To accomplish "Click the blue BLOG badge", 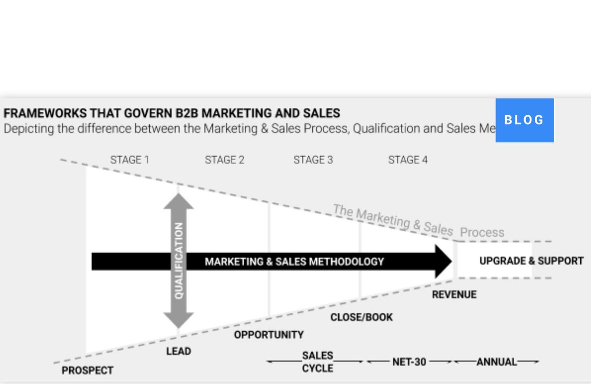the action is pos(525,120).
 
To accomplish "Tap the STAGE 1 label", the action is pos(130,160).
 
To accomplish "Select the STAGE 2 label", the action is pos(225,160).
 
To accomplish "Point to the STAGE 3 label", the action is pos(313,160).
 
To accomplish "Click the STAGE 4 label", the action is pos(408,160).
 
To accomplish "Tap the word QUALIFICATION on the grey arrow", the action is pos(179,260).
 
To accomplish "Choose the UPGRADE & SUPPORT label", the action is pos(531,261).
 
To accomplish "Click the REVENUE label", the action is pos(454,295).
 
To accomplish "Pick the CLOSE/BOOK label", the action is pos(361,318).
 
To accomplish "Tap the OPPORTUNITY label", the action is pos(268,335).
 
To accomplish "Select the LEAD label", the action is pos(178,352).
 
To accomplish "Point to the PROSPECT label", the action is pos(87,371).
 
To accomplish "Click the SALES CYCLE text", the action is pos(318,362).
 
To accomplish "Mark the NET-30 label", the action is pos(409,362).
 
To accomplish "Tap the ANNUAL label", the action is pos(496,362).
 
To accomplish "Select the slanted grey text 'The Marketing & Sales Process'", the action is pos(419,222).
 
